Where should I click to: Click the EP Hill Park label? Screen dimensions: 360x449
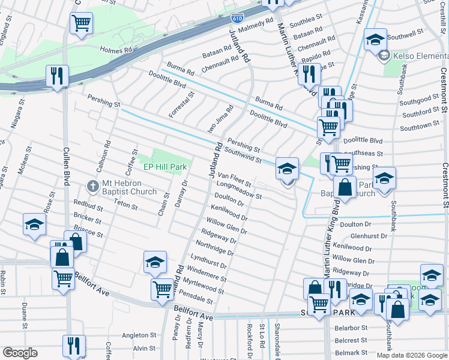point(165,166)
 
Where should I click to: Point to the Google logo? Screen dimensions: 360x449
point(20,353)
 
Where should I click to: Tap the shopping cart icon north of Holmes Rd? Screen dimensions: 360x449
point(81,23)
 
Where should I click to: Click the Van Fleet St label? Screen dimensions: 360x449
point(234,178)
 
